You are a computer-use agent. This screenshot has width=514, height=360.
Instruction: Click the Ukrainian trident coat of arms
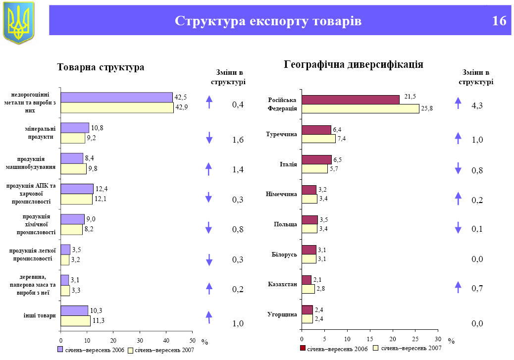coord(19,22)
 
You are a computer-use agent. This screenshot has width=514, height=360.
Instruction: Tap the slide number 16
coord(499,21)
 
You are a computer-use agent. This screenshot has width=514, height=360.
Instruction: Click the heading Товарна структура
coord(101,67)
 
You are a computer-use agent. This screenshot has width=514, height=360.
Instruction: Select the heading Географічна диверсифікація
coord(353,64)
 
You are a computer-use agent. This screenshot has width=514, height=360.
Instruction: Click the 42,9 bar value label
coord(182,107)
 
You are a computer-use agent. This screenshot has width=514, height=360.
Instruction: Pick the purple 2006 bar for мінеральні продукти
coord(75,128)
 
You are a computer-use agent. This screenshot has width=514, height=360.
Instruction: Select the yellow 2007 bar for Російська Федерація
coord(360,108)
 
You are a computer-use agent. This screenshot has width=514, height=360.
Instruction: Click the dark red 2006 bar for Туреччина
coord(316,130)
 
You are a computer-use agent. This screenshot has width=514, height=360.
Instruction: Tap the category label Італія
coord(288,164)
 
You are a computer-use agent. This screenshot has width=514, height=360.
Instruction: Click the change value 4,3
coord(477,105)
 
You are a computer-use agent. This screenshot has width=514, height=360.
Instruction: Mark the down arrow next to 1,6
coord(209,138)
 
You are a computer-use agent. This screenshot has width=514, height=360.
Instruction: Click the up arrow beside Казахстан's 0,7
coord(458,287)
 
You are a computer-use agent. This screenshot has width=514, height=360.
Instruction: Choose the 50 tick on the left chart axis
coord(192,340)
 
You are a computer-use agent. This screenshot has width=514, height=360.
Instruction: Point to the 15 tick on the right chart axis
coord(370,339)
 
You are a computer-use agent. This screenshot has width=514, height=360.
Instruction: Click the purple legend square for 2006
coord(60,350)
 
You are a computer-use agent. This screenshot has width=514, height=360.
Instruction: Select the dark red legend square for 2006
coord(303,348)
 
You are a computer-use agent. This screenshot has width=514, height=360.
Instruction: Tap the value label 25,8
coord(427,108)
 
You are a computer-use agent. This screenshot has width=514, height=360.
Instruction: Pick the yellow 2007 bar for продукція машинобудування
coord(73,169)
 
